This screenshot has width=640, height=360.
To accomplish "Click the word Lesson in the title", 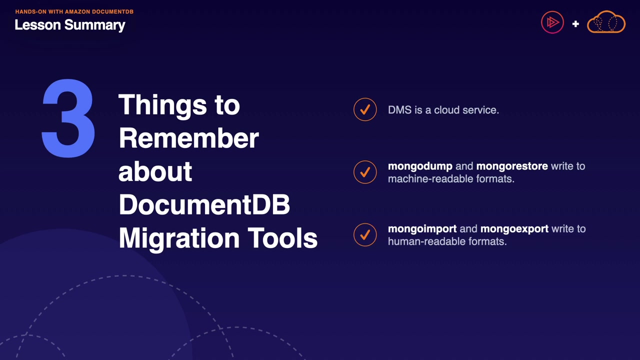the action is [37, 25].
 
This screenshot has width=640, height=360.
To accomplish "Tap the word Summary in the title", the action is [95, 25].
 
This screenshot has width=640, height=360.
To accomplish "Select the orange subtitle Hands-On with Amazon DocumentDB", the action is [74, 11].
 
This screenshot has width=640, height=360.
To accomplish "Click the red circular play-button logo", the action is [552, 22].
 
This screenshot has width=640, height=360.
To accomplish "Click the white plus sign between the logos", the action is [575, 23].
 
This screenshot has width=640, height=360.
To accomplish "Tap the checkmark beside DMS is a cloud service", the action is [365, 109].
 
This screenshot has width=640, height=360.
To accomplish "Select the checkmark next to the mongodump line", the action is [365, 172].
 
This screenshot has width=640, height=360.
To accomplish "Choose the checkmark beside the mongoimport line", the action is [365, 234].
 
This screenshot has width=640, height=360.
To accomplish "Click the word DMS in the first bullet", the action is [399, 110].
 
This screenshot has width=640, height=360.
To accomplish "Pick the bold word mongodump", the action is [420, 166].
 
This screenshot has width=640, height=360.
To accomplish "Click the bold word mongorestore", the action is [512, 166].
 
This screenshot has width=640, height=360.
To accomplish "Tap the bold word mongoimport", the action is [422, 229].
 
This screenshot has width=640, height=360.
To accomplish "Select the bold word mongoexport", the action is [514, 229].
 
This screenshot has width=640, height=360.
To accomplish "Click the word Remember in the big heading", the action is [189, 138].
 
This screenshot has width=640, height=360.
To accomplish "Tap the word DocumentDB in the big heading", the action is [204, 205].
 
